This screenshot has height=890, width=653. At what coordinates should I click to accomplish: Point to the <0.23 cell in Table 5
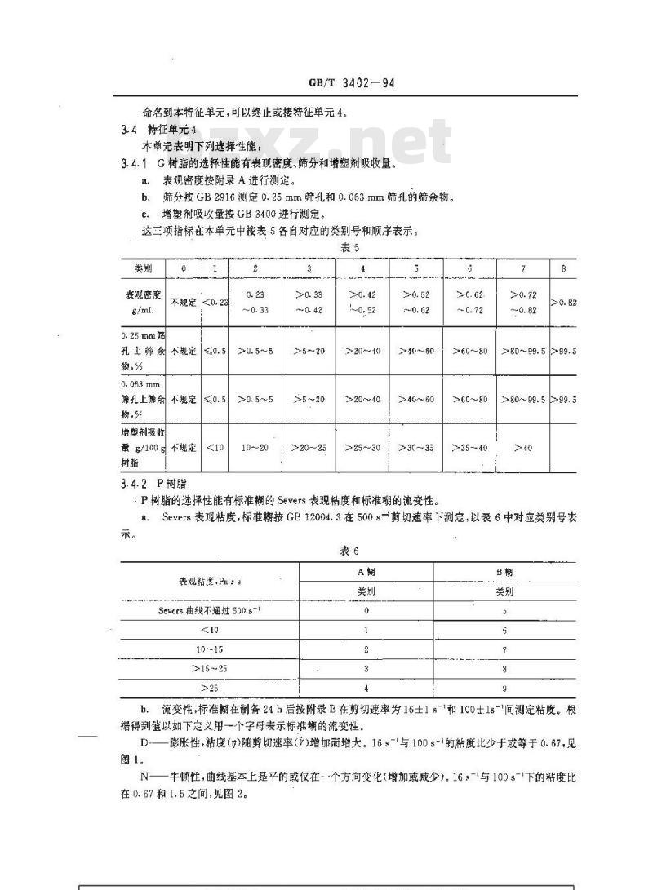click(x=213, y=303)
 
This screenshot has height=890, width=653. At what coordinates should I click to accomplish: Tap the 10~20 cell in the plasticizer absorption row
click(x=255, y=447)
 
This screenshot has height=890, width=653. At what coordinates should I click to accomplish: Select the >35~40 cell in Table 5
click(x=470, y=447)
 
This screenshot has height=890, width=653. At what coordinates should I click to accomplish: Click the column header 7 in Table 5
click(x=524, y=268)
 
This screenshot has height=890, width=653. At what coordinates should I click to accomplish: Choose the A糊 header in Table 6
click(x=366, y=572)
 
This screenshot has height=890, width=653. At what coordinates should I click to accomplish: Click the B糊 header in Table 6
click(x=504, y=572)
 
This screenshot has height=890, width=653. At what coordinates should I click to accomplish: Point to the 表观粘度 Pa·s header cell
click(x=210, y=581)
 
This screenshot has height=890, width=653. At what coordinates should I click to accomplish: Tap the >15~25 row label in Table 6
click(x=210, y=669)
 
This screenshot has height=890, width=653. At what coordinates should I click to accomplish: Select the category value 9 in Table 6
click(x=504, y=689)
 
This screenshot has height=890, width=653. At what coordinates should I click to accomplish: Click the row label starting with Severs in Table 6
click(x=210, y=610)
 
